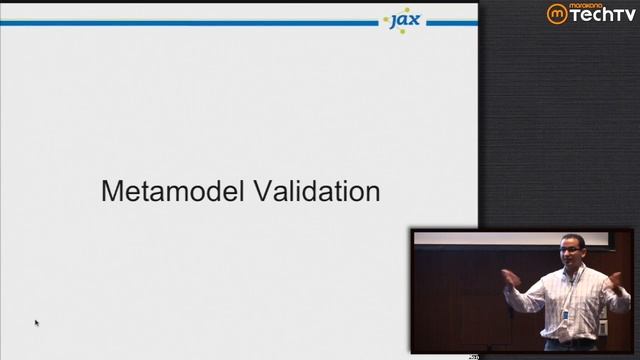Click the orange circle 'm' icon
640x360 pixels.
557,14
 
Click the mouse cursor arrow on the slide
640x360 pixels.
36,322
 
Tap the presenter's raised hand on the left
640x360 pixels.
509,279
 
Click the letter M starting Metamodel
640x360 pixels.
111,191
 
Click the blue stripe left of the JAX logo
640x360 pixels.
190,22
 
